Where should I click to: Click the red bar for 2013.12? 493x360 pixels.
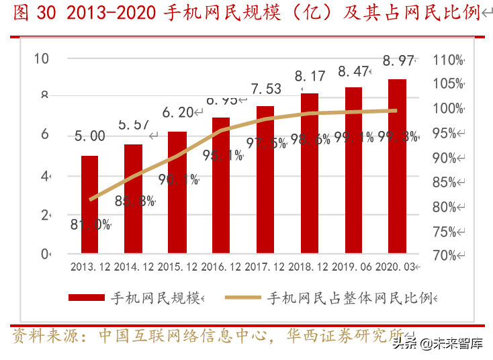[x=89, y=205]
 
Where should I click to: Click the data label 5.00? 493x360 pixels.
[x=89, y=136]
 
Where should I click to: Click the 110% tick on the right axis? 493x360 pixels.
[x=449, y=60]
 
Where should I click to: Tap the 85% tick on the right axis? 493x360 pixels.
[x=449, y=182]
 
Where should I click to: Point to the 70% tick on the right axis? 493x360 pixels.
[x=449, y=255]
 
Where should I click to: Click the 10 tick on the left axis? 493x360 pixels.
[x=42, y=58]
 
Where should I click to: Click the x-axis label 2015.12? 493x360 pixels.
[x=177, y=267]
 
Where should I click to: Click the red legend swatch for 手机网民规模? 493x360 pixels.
[x=86, y=298]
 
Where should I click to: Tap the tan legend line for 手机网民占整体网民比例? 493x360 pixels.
[x=243, y=298]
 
